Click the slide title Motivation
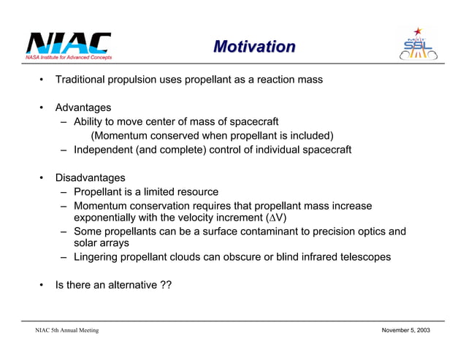254,47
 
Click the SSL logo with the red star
419,45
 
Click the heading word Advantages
83,107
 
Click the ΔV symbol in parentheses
275,218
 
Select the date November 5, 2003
406,331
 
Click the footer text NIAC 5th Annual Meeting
67,331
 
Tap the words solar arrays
102,243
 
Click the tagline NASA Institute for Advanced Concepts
69,56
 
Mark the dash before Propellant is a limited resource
65,192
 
